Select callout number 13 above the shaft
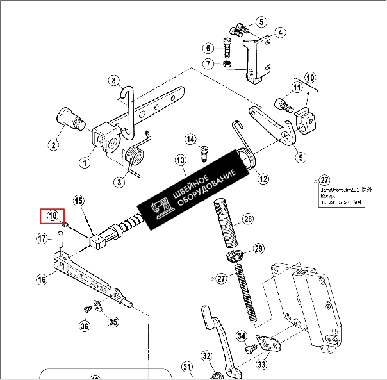pos(181,159)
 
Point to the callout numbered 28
pos(248,220)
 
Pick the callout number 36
pos(84,326)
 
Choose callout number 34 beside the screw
pos(242,336)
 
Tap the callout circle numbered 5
pos(262,22)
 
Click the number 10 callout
pos(310,78)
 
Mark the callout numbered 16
pos(42,279)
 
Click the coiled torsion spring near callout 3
pos(135,156)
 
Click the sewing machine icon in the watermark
pos(160,204)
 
